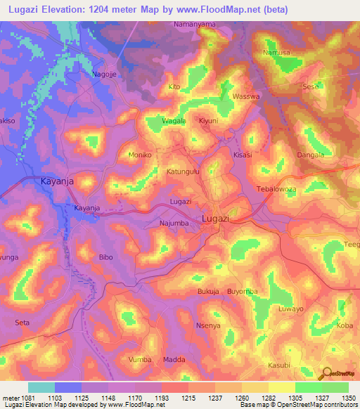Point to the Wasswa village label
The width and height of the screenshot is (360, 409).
[x=246, y=96]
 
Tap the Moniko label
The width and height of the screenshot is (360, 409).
[x=141, y=154]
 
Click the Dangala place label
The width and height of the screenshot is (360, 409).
[x=310, y=155]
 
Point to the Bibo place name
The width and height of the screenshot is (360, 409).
[x=105, y=257]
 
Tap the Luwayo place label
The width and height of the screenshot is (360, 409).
[x=290, y=309]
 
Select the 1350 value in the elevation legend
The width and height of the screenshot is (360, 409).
[x=349, y=398]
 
